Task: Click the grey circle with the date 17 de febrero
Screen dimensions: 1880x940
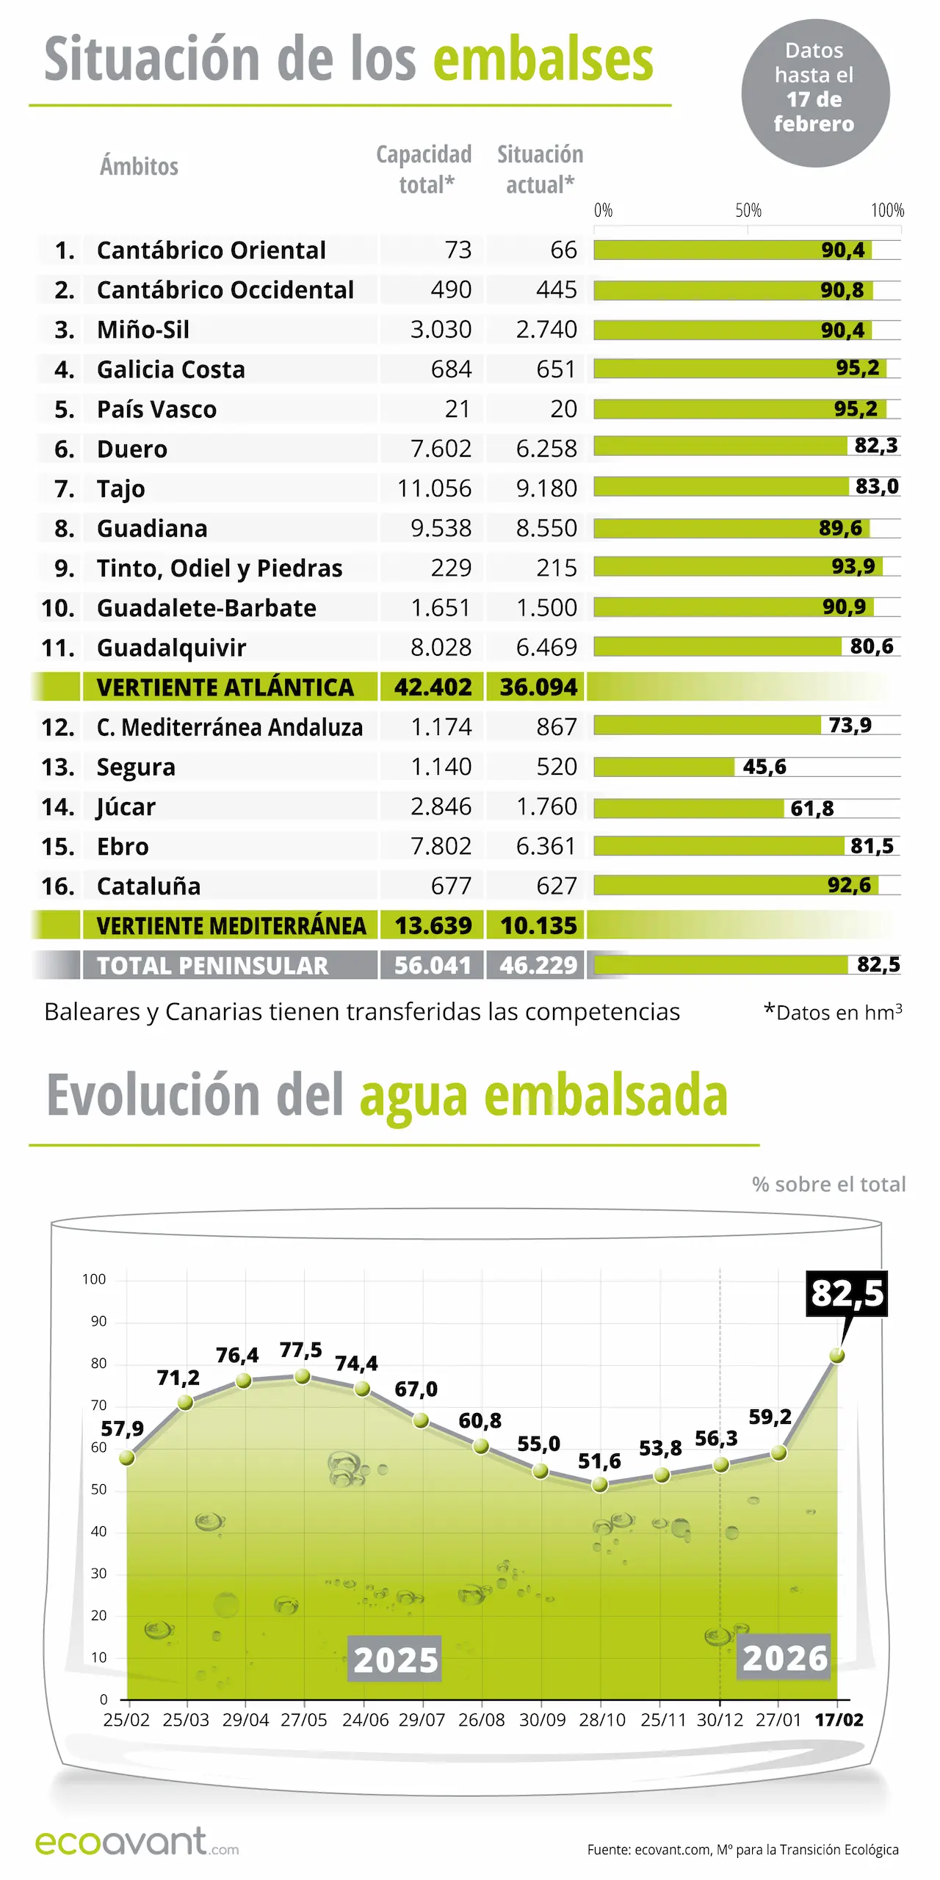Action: [x=814, y=93]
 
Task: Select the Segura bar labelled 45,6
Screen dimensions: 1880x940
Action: [x=664, y=767]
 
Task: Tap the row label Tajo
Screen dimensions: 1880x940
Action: [x=121, y=488]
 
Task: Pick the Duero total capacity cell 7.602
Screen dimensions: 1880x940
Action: [x=441, y=448]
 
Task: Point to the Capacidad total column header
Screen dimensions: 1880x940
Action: [x=424, y=169]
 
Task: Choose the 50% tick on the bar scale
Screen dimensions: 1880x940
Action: [x=748, y=211]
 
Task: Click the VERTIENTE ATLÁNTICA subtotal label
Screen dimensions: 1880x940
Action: [x=225, y=687]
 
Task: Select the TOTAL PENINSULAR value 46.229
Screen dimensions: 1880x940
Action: [x=538, y=965]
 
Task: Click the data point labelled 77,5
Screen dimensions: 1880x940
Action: [x=302, y=1377]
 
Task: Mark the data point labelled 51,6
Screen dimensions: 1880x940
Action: [x=600, y=1484]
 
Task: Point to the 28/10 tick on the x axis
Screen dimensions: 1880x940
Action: [x=601, y=1720]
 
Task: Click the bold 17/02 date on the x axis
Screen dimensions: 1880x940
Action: [x=839, y=1720]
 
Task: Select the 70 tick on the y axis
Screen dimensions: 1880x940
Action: [x=98, y=1405]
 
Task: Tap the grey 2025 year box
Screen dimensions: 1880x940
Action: [x=395, y=1659]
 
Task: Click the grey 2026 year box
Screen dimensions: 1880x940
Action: [x=784, y=1657]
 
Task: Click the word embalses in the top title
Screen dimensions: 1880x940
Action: [x=543, y=59]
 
